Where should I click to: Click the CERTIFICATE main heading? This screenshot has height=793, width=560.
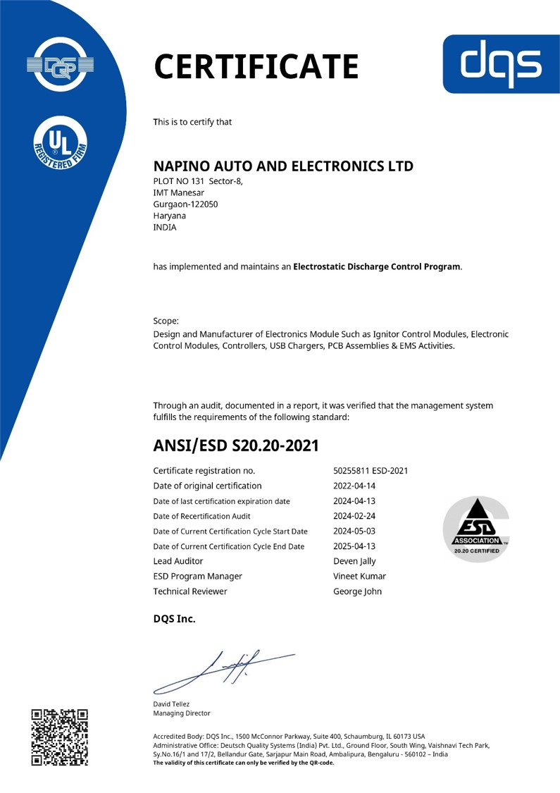tap(256, 67)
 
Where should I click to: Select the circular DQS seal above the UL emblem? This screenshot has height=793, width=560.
tap(60, 66)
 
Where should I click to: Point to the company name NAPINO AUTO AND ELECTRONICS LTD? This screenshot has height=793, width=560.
tap(283, 167)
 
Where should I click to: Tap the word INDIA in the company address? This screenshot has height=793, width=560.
tap(165, 228)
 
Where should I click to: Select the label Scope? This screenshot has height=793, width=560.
tap(166, 321)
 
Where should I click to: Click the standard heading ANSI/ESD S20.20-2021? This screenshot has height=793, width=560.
tap(236, 445)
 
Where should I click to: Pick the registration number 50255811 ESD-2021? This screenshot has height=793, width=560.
tap(371, 471)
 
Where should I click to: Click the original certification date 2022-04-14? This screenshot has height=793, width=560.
tap(354, 486)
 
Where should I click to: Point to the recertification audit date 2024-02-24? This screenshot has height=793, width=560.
tap(354, 516)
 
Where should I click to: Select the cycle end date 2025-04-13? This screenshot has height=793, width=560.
tap(354, 546)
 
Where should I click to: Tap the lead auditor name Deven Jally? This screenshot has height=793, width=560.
tap(354, 561)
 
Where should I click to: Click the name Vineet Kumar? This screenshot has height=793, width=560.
tap(359, 577)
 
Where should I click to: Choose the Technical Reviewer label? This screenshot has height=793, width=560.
tap(190, 591)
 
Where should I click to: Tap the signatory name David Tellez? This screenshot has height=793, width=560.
tap(171, 704)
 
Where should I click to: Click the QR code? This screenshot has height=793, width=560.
tap(60, 737)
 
